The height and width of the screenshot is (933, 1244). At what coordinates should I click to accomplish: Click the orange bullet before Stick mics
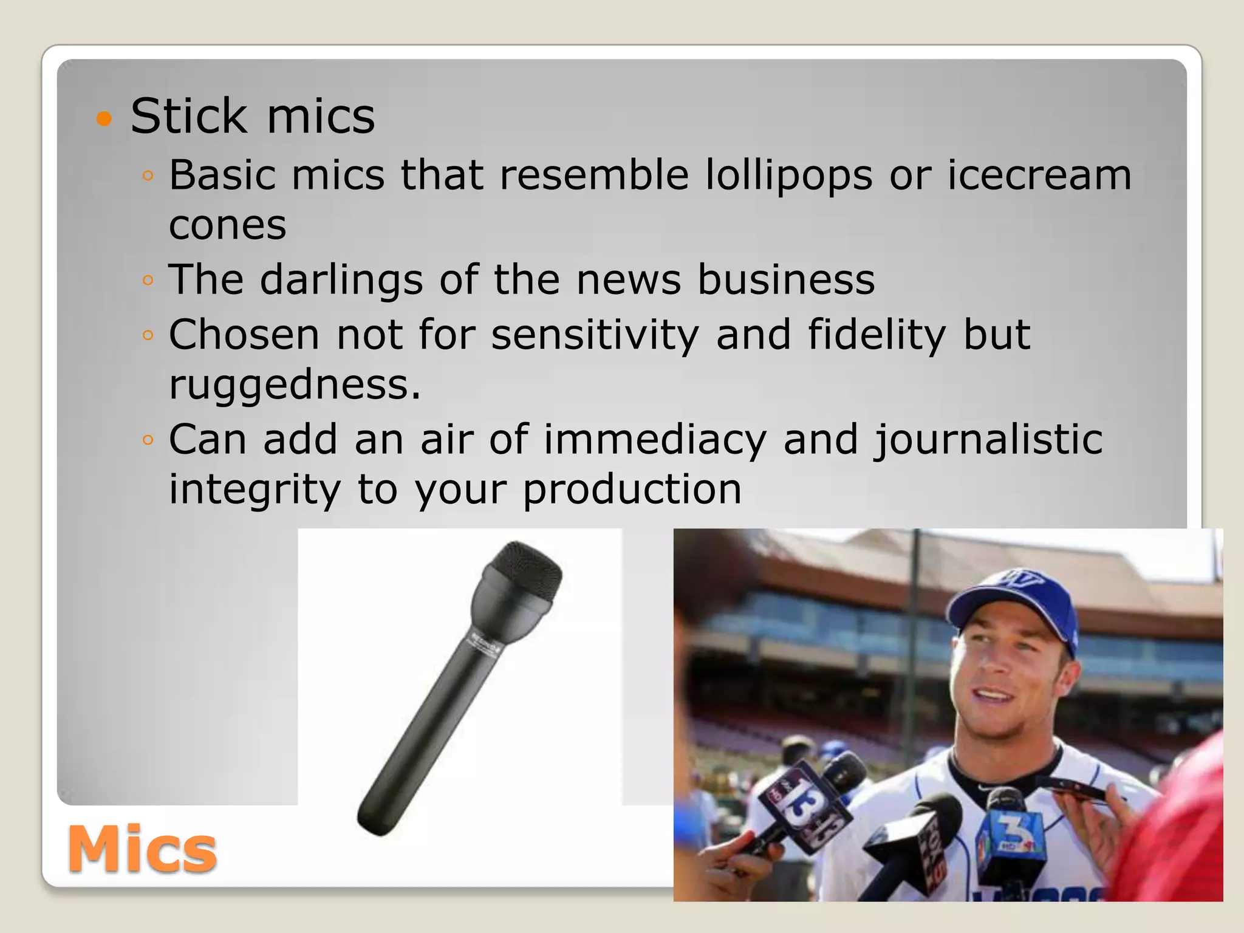point(104,118)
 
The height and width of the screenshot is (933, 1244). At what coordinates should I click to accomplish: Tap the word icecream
point(1039,175)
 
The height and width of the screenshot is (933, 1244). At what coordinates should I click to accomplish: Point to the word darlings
point(341,281)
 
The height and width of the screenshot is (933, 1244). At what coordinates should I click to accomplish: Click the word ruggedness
point(295,385)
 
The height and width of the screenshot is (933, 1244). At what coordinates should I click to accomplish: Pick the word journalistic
point(988,440)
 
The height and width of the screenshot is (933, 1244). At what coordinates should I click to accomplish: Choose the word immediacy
point(655,440)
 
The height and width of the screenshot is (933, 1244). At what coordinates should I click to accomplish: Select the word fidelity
point(877,335)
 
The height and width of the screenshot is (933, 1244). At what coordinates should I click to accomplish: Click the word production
point(632,490)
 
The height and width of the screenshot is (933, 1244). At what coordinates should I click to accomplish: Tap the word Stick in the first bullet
point(188,116)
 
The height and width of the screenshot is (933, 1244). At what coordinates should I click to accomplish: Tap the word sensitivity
point(595,335)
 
